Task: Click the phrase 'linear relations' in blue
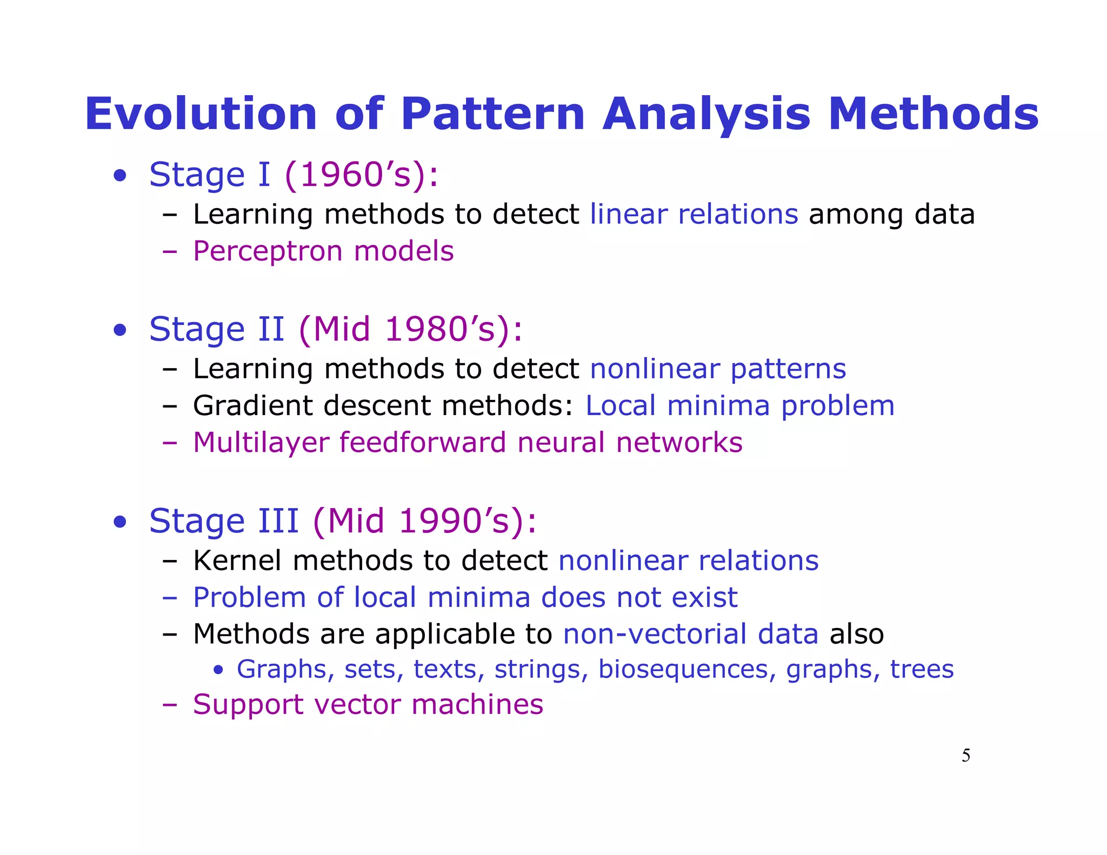click(x=693, y=214)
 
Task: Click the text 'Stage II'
click(x=216, y=329)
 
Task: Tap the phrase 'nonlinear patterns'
click(x=717, y=369)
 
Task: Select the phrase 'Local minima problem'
click(x=739, y=406)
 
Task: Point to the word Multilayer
click(x=261, y=443)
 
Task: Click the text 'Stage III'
click(x=224, y=521)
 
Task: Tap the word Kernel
click(x=237, y=560)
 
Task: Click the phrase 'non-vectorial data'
click(x=690, y=634)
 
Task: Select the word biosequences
click(x=683, y=670)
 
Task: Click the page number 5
click(x=965, y=756)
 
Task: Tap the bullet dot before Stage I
click(x=120, y=176)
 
